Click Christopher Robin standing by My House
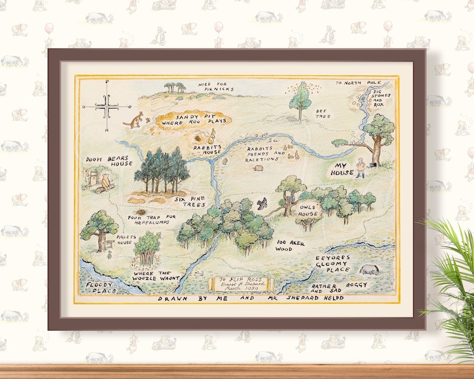click(360, 168)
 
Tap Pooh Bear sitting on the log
click(106, 181)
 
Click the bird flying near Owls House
click(261, 204)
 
